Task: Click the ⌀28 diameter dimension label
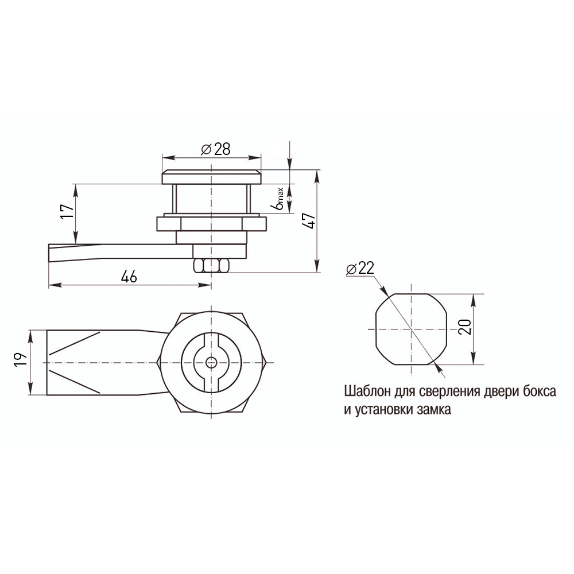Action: [x=216, y=149]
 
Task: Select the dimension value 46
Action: [x=129, y=277]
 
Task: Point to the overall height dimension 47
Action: [x=310, y=220]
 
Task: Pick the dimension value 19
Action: [x=21, y=359]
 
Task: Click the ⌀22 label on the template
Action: [x=360, y=268]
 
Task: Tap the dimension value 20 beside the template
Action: [x=465, y=327]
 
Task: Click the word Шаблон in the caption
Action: [x=367, y=391]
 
